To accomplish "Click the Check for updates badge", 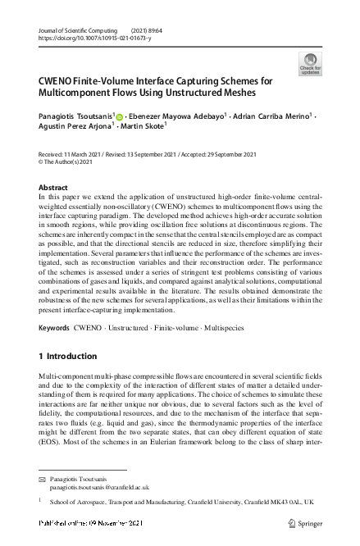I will tap(310, 64).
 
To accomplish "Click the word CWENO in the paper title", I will tap(57, 82).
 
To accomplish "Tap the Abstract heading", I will tap(54, 188).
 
